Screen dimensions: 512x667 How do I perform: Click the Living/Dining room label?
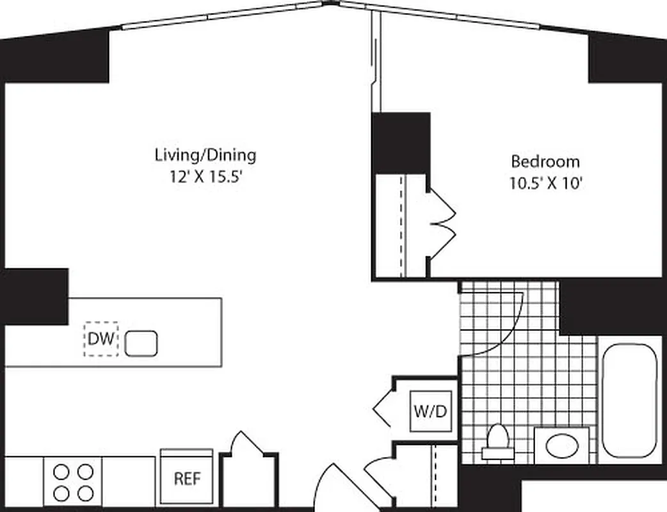(205, 154)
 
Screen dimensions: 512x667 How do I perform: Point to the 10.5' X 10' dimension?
(545, 184)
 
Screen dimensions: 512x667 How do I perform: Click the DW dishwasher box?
(100, 339)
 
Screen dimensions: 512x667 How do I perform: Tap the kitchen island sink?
(141, 343)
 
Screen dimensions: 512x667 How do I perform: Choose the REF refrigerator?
(187, 477)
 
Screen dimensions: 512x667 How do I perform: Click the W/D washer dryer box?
(431, 411)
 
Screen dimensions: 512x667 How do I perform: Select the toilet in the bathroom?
(497, 442)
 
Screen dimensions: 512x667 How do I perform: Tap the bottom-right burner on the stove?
(84, 493)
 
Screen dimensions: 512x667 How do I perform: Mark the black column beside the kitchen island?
(35, 296)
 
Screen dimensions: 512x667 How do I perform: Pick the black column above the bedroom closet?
(401, 142)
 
